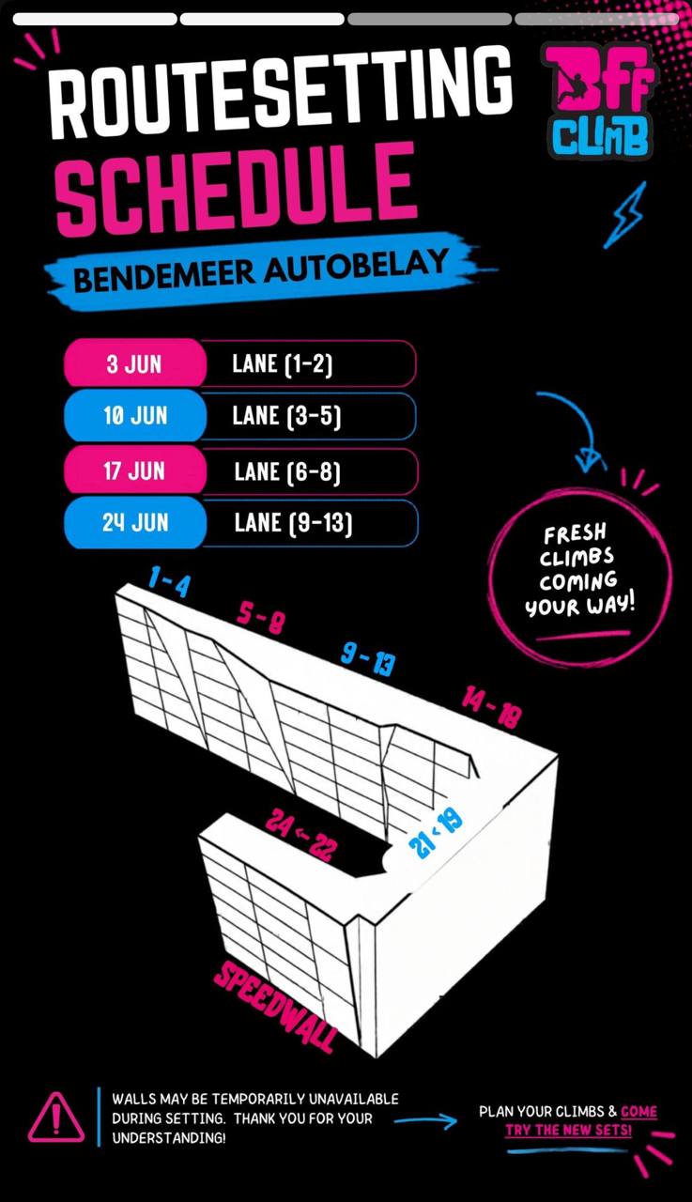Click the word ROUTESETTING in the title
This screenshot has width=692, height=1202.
pyautogui.click(x=280, y=91)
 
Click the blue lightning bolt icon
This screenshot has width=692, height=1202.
pyautogui.click(x=625, y=215)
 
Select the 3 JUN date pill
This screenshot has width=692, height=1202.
pyautogui.click(x=135, y=363)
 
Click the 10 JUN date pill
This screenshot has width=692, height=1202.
pyautogui.click(x=135, y=416)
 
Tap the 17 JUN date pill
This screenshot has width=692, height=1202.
pyautogui.click(x=135, y=470)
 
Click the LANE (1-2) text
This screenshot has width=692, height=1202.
pyautogui.click(x=283, y=364)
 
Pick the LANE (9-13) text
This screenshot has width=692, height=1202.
pyautogui.click(x=294, y=523)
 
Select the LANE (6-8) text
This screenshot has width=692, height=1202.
pyautogui.click(x=287, y=472)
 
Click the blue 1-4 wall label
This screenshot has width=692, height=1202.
pyautogui.click(x=169, y=581)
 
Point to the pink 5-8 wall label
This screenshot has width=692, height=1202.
pyautogui.click(x=260, y=618)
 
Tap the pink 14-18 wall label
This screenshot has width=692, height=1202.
pyautogui.click(x=491, y=707)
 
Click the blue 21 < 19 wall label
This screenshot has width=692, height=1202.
pyautogui.click(x=436, y=834)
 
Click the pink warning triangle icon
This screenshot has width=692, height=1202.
pyautogui.click(x=55, y=1117)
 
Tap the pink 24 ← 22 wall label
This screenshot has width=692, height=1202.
pyautogui.click(x=301, y=834)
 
